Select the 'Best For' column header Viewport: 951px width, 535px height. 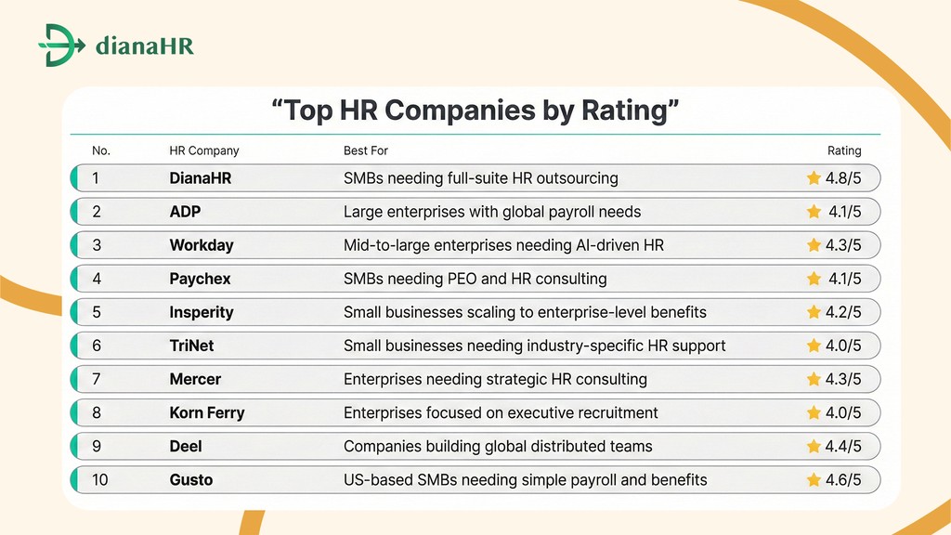point(366,150)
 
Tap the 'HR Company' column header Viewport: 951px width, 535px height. point(204,150)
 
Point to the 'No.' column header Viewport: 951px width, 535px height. point(101,150)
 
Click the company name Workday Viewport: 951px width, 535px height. point(202,245)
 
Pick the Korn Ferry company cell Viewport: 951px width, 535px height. point(207,412)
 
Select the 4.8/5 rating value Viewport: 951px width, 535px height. point(843,178)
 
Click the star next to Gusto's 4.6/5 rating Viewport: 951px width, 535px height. point(814,480)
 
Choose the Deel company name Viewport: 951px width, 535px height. point(186,447)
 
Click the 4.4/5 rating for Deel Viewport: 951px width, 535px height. point(843,447)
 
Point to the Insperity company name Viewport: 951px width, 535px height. point(202,312)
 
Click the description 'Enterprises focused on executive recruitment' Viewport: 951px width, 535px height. point(501,412)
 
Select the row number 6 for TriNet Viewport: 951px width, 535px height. point(98,346)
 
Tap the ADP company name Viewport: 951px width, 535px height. point(185,212)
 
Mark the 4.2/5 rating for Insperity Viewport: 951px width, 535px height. point(843,312)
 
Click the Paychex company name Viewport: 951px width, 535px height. point(201,279)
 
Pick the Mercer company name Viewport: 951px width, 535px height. point(195,379)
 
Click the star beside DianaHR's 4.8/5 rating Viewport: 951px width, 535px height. point(814,178)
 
